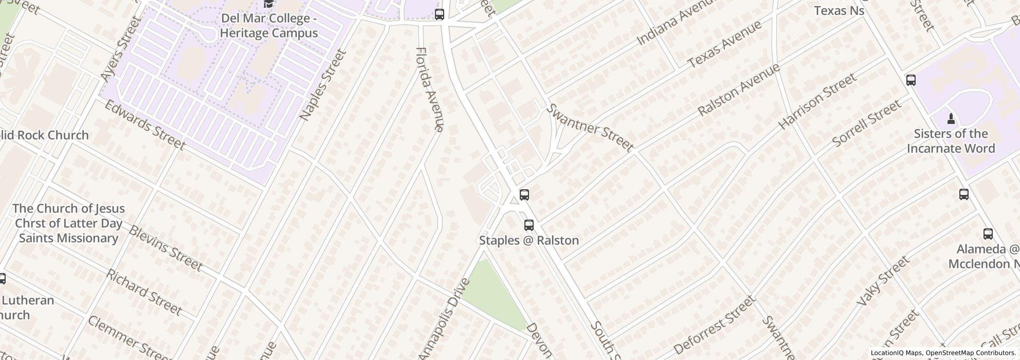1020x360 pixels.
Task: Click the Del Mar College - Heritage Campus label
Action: click(x=269, y=26)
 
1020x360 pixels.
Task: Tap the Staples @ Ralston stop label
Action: click(x=529, y=240)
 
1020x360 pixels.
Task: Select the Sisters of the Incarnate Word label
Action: click(x=951, y=141)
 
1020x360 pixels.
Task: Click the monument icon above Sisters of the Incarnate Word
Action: click(x=951, y=119)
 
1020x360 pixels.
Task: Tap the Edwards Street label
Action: click(x=144, y=125)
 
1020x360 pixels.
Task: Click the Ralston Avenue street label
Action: click(x=738, y=89)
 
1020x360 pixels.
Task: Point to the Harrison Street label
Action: click(x=817, y=101)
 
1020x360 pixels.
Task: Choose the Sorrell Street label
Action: click(x=866, y=123)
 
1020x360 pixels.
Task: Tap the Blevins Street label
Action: click(x=165, y=248)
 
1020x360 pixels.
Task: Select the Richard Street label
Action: click(x=144, y=292)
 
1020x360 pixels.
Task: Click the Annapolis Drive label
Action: click(x=445, y=318)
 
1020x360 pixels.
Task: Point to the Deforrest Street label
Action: click(x=714, y=325)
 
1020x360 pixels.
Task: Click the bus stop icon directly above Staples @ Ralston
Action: click(x=529, y=225)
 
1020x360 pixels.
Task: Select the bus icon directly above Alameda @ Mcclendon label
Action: click(x=988, y=234)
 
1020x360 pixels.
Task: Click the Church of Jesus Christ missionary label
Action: click(x=68, y=223)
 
